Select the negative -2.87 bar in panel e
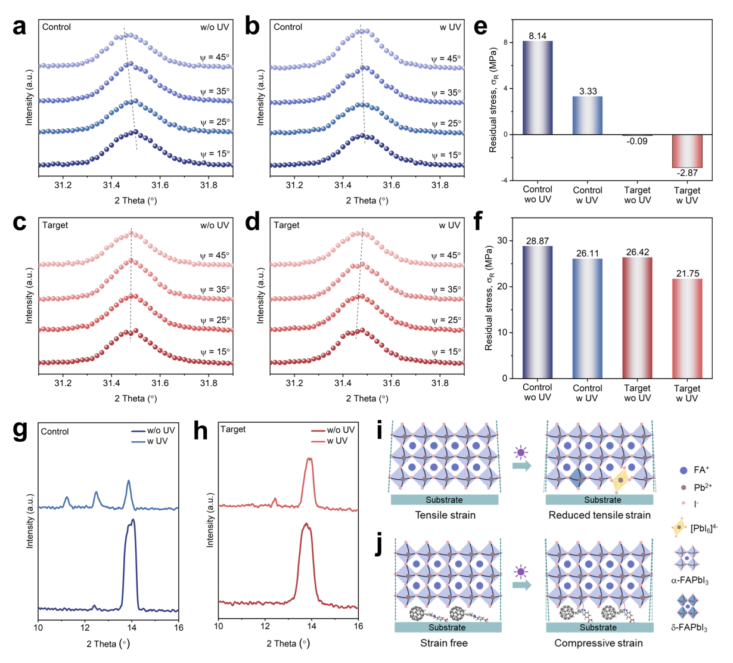(x=687, y=151)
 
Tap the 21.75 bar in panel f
(x=687, y=329)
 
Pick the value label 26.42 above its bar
(x=637, y=252)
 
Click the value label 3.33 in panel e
(x=588, y=91)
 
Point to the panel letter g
(x=20, y=431)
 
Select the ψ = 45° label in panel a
(x=215, y=57)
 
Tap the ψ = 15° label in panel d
(x=446, y=352)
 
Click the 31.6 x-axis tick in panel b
(x=392, y=185)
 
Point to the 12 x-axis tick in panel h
(x=265, y=626)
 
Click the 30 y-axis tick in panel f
(x=502, y=241)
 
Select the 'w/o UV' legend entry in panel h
(x=333, y=430)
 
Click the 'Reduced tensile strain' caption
(x=600, y=515)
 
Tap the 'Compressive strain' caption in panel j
(x=598, y=643)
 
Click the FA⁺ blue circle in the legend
(x=684, y=470)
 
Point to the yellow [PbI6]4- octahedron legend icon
(x=679, y=527)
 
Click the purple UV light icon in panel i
(x=521, y=453)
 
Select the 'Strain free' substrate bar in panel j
(x=448, y=627)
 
